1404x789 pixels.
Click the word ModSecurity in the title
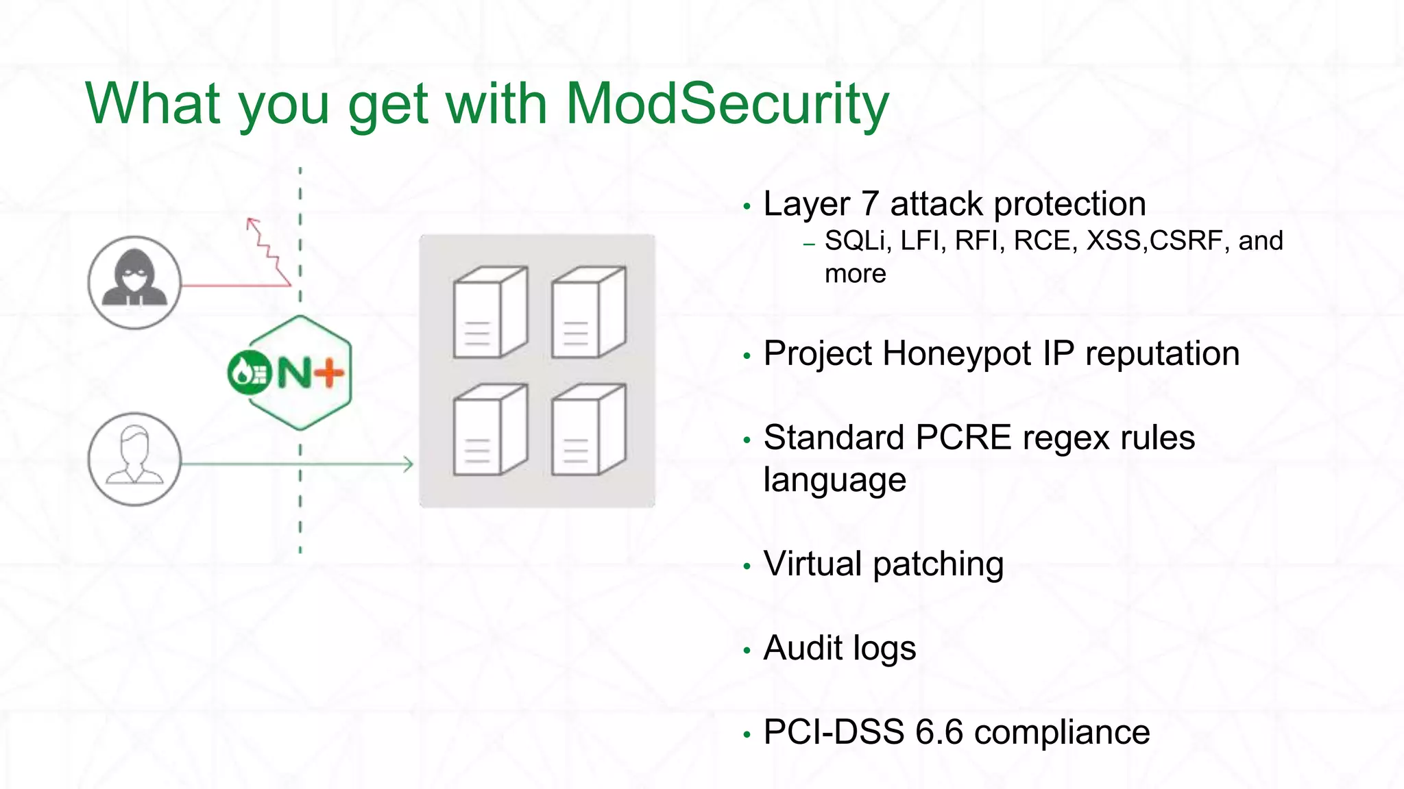(x=727, y=104)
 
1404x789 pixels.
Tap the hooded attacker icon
(x=135, y=282)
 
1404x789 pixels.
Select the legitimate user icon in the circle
(x=135, y=459)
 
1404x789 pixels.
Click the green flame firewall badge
(x=250, y=373)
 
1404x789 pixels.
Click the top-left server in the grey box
(x=489, y=312)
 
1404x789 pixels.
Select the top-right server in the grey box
(x=588, y=312)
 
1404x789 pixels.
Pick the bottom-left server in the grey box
(x=489, y=429)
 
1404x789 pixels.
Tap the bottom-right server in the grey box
(x=588, y=429)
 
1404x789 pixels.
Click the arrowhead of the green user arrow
(x=409, y=464)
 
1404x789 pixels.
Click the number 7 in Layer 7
(x=869, y=204)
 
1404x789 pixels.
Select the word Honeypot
(x=957, y=355)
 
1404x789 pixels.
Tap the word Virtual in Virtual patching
(x=813, y=564)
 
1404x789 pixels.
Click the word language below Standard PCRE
(x=834, y=480)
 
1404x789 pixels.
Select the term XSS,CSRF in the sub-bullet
(x=1157, y=241)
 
